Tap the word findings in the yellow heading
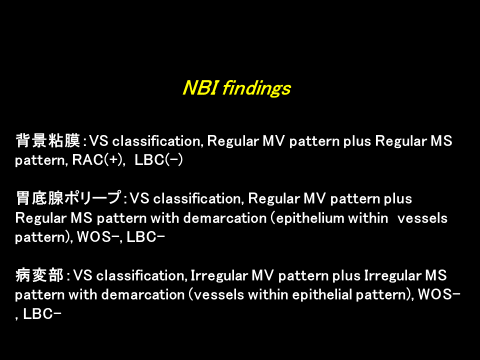coord(256,89)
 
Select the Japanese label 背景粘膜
coord(48,140)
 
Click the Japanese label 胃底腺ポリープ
coord(68,198)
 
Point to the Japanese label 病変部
coord(39,275)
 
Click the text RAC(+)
coord(98,160)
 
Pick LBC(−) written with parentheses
coord(158,160)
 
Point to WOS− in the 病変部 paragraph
coord(439,294)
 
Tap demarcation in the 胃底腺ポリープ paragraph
coord(225,218)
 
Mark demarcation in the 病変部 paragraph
coord(143,295)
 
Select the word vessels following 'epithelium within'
coord(422,218)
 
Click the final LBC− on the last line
coord(42,314)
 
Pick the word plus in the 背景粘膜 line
coord(357,141)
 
